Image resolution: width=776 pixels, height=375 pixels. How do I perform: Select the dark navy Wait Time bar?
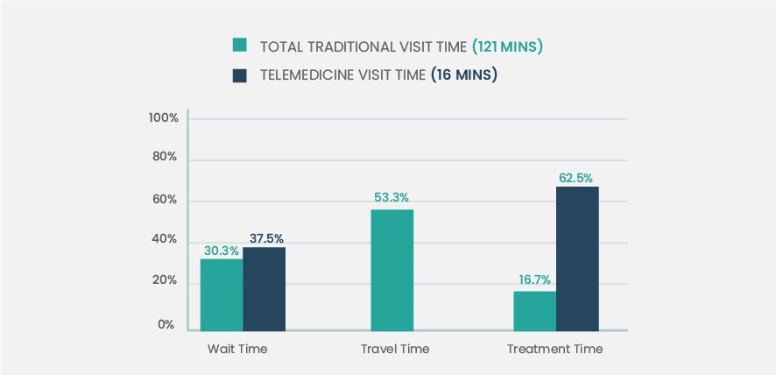264,288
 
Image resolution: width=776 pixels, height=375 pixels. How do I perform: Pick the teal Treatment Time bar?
535,310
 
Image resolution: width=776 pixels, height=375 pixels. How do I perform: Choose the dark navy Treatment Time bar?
577,258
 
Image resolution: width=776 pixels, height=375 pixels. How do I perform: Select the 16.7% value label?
534,280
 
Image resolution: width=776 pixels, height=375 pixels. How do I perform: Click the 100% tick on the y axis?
164,118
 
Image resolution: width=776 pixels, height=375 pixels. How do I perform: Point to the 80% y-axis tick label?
166,159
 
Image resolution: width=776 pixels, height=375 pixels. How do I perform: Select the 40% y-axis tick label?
166,241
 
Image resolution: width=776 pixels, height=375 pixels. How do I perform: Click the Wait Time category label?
237,349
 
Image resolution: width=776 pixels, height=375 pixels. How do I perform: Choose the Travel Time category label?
395,349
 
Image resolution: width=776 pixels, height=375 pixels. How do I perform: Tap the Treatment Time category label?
555,349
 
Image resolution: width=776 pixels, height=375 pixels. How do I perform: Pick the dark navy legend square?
239,74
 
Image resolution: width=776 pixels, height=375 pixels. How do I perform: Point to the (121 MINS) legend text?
507,46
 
